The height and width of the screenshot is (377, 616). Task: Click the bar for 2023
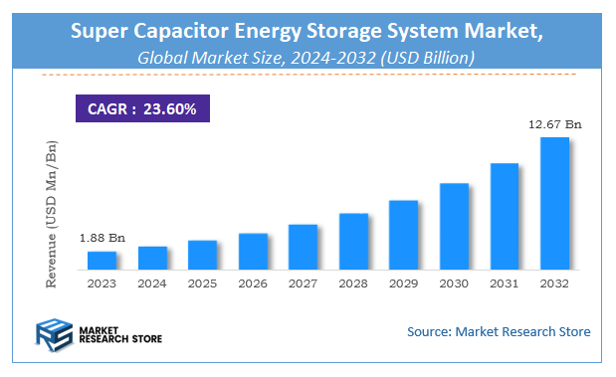102,261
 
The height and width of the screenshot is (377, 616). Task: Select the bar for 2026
253,252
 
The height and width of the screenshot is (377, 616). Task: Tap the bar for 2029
403,236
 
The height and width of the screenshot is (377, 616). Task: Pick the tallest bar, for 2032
554,204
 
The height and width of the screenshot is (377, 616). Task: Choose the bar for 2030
454,227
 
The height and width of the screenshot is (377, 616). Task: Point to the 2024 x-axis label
152,283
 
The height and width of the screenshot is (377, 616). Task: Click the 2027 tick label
303,283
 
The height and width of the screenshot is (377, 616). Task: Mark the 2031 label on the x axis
504,283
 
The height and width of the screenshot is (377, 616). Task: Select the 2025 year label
202,283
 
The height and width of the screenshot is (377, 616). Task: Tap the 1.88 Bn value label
102,238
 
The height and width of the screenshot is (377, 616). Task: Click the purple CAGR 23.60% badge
141,107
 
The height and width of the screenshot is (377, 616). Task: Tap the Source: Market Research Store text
499,331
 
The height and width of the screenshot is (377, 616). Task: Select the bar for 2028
353,242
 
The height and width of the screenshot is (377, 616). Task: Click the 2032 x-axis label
554,283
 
